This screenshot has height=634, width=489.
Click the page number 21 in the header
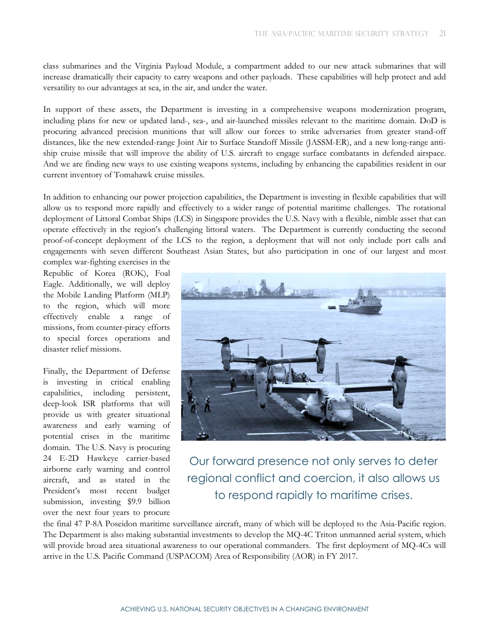pos(442,34)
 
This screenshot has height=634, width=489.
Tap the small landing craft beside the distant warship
pos(332,307)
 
